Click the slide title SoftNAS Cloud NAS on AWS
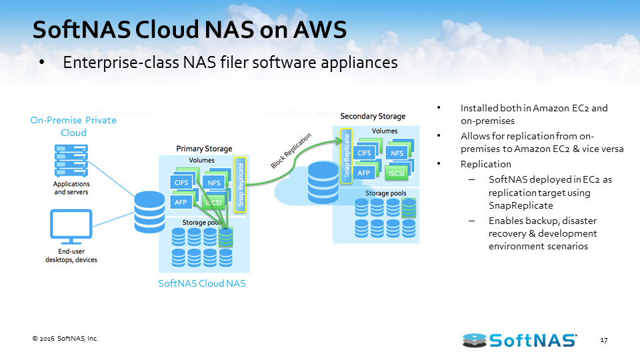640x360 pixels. click(190, 29)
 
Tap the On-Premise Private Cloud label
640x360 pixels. click(73, 126)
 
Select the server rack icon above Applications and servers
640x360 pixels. click(71, 160)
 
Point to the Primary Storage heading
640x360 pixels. click(204, 148)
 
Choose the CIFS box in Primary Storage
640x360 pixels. click(181, 183)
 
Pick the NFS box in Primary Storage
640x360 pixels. click(214, 183)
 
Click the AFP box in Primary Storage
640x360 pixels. click(181, 202)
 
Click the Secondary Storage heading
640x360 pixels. click(373, 117)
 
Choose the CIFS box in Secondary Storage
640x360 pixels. click(365, 153)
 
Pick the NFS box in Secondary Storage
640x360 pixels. click(397, 153)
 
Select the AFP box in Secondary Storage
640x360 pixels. click(364, 173)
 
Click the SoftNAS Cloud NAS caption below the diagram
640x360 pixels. click(201, 283)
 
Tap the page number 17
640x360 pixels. click(603, 341)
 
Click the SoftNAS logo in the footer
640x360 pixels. click(519, 340)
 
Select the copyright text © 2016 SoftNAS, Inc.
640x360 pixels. click(65, 339)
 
